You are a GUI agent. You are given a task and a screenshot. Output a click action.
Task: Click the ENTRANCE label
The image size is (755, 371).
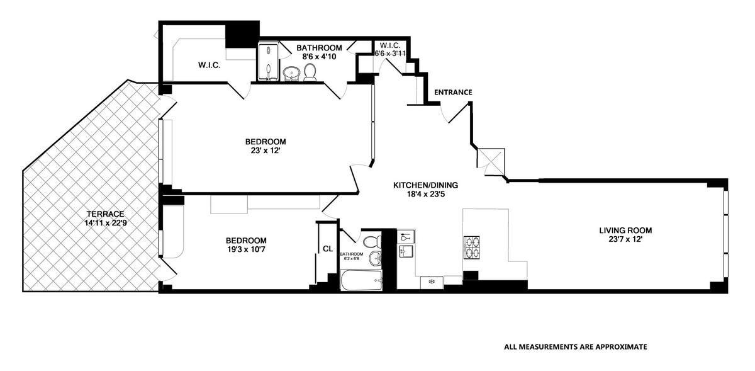pos(453,92)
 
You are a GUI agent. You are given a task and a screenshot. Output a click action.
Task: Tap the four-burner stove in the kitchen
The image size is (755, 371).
pos(472,248)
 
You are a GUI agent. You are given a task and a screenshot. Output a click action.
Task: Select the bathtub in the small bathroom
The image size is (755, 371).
pos(361,280)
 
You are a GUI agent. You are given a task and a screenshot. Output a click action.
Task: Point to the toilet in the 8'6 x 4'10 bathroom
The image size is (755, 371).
pos(310,72)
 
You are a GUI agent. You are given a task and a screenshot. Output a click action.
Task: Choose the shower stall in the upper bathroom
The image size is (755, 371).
pos(268,62)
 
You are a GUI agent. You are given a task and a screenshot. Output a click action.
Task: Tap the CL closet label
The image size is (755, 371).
pos(328,249)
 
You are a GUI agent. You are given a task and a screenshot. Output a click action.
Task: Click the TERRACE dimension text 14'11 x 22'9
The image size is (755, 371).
pos(106,223)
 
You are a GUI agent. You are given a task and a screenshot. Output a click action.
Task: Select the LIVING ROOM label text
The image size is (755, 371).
pos(625,231)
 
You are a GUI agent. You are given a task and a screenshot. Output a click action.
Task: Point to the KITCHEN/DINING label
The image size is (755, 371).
pos(425,185)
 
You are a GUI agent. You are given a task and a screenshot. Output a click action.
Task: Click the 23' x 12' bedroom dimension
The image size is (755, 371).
pos(266,151)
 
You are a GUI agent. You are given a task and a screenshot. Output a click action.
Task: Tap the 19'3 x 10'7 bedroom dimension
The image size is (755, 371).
pos(246,249)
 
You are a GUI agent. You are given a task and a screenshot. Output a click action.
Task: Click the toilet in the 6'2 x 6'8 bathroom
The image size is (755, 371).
pos(372,242)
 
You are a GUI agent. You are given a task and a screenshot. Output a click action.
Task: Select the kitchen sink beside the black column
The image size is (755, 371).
pos(406,251)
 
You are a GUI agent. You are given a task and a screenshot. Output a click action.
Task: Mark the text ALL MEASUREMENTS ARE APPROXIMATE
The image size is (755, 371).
pos(575,346)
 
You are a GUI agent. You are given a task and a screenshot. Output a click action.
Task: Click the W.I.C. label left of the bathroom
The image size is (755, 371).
pos(209,65)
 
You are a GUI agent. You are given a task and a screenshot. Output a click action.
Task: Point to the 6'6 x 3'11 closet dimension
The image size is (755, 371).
pos(390,54)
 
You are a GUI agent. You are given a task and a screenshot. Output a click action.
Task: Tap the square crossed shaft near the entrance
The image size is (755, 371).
pos(491,162)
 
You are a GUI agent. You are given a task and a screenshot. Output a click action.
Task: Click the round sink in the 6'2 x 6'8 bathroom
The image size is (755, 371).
pos(376,259)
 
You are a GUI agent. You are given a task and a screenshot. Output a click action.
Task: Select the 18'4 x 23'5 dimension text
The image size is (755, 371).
pos(425,194)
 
